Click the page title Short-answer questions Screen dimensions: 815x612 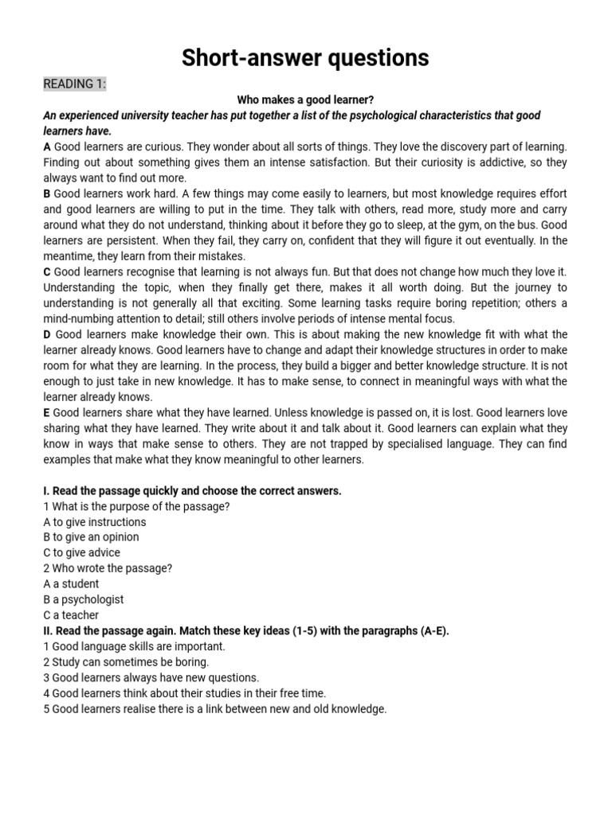pyautogui.click(x=305, y=57)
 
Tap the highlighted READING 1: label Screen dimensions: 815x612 pyautogui.click(x=74, y=84)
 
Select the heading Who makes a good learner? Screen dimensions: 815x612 pyautogui.click(x=305, y=100)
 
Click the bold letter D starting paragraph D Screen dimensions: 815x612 pyautogui.click(x=47, y=334)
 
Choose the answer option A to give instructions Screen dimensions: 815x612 pyautogui.click(x=95, y=522)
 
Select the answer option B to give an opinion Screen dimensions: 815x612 pyautogui.click(x=91, y=537)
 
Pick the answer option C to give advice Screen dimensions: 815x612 pyautogui.click(x=82, y=552)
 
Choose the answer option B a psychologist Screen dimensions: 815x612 pyautogui.click(x=84, y=599)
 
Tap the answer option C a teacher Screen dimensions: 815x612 pyautogui.click(x=71, y=615)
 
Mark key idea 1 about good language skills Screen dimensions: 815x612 pyautogui.click(x=135, y=646)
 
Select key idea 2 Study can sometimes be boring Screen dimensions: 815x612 pyautogui.click(x=126, y=662)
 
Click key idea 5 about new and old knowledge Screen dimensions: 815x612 pyautogui.click(x=214, y=708)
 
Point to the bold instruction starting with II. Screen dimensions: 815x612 pyautogui.click(x=246, y=631)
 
